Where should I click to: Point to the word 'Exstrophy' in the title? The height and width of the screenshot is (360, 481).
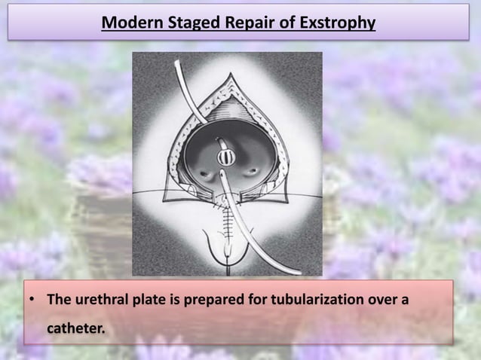point(338,23)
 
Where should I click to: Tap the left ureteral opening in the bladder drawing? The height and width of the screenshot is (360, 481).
point(205,174)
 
